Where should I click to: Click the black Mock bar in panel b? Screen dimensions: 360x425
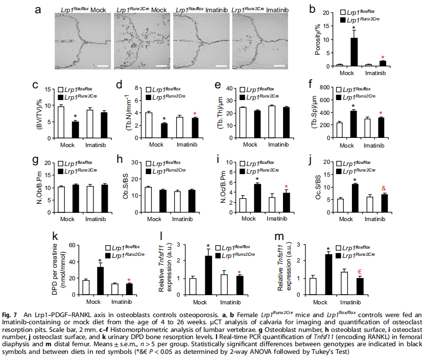click(x=353, y=52)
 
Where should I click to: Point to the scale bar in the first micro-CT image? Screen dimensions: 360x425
click(x=102, y=66)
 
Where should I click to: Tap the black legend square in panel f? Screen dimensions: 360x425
click(x=340, y=97)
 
